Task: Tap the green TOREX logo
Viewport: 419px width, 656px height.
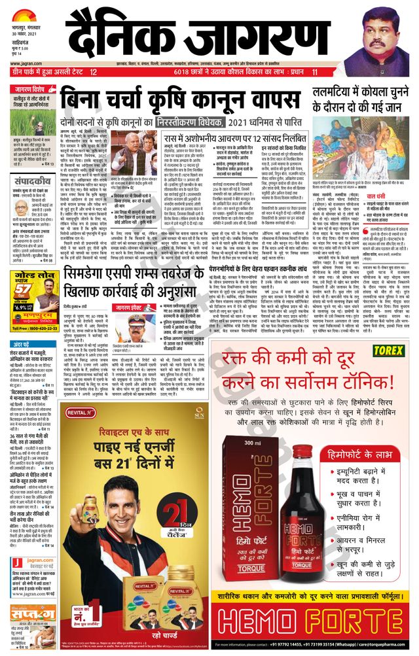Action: tap(388, 351)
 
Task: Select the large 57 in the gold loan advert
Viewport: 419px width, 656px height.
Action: tap(22, 288)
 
